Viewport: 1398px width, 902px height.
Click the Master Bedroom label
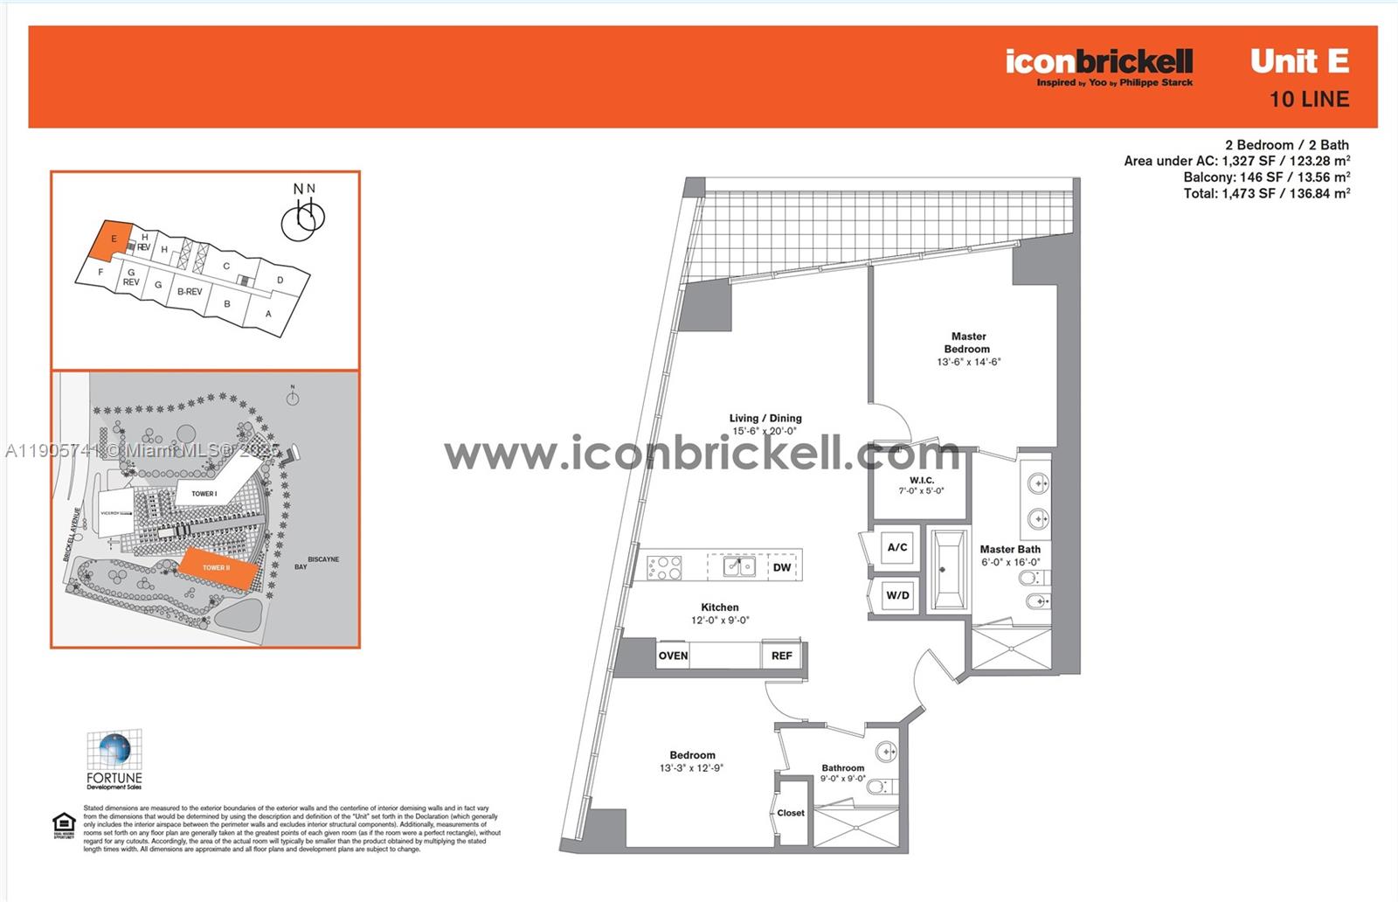coord(968,343)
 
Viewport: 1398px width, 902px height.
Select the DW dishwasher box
coord(781,567)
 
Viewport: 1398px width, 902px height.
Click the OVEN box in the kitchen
coord(673,656)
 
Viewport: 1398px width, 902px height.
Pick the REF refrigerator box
coord(782,656)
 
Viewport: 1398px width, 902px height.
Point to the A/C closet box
coord(897,548)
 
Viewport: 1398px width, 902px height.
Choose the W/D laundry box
coord(897,596)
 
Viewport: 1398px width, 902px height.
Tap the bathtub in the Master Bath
coord(947,570)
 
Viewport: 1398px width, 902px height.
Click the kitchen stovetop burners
coord(664,567)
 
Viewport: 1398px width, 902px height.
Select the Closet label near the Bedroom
coord(791,813)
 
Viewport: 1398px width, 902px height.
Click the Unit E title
coord(1299,61)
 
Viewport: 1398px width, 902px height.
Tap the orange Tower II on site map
coord(218,568)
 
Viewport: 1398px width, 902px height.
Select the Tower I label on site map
coord(204,494)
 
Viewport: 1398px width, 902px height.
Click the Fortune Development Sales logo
coord(114,760)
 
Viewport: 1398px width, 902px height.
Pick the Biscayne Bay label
coord(315,563)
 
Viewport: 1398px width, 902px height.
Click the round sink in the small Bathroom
coord(886,752)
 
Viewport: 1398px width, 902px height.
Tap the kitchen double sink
coord(739,567)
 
